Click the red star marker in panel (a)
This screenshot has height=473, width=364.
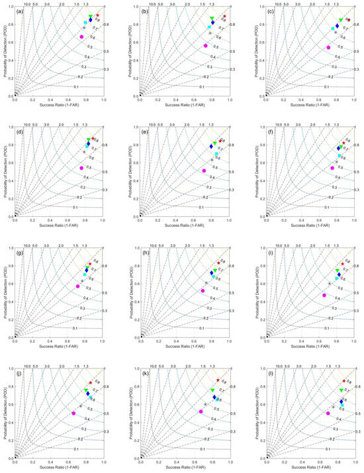pyautogui.click(x=98, y=15)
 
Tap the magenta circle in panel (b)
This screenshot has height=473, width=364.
pyautogui.click(x=206, y=46)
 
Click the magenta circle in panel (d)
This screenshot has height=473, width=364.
pyautogui.click(x=81, y=168)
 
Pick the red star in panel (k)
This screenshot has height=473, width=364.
pyautogui.click(x=218, y=380)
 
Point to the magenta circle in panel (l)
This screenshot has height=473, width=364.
pyautogui.click(x=328, y=413)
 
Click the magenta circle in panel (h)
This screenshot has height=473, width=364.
pyautogui.click(x=203, y=290)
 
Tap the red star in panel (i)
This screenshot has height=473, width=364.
pyautogui.click(x=342, y=265)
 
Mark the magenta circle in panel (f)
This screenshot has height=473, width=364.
pyautogui.click(x=332, y=168)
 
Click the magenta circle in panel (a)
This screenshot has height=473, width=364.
pyautogui.click(x=81, y=37)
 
